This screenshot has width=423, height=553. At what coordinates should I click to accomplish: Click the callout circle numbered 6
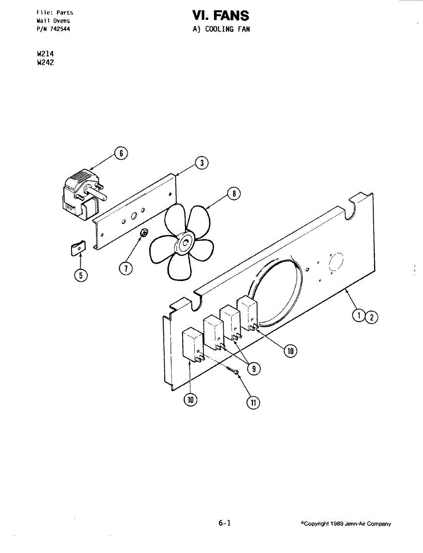(x=121, y=153)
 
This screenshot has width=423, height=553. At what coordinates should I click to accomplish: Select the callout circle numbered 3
(x=201, y=163)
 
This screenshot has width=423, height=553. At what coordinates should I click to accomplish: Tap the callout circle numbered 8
(x=234, y=194)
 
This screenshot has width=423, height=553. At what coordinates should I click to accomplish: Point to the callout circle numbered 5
(x=81, y=275)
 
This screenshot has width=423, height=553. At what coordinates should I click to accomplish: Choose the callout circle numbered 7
(x=125, y=268)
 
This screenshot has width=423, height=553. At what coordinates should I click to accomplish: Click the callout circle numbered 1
(x=358, y=316)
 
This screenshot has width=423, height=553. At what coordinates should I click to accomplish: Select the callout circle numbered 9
(x=253, y=368)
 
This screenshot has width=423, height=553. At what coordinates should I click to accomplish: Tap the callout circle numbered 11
(x=253, y=402)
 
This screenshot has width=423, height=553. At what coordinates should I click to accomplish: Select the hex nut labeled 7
(x=143, y=233)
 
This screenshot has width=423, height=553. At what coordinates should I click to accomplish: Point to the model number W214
(x=45, y=54)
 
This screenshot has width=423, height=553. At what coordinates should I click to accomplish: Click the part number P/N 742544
(x=53, y=29)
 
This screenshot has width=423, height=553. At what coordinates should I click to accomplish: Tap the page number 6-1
(x=225, y=523)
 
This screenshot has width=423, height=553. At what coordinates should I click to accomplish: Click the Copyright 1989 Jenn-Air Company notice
(x=346, y=524)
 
